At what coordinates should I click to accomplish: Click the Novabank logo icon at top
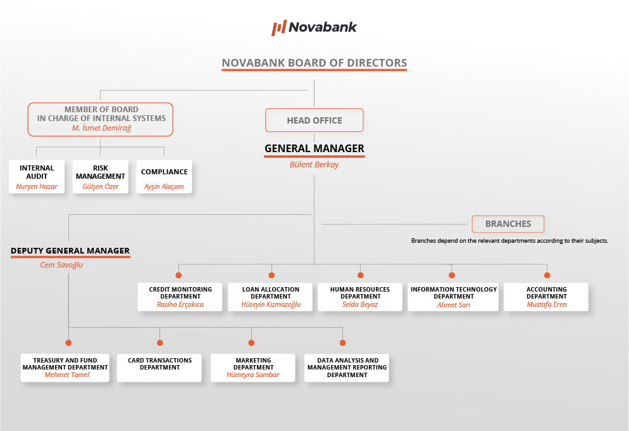(279, 28)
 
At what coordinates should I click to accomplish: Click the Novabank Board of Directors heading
(314, 63)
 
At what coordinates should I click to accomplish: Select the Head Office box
(314, 120)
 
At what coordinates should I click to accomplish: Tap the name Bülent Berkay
(314, 165)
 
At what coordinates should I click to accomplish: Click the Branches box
(508, 224)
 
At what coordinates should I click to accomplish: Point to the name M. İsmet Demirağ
(101, 128)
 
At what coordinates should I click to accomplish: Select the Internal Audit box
(37, 177)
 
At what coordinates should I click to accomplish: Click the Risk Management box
(100, 177)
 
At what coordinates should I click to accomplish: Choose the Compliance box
(164, 177)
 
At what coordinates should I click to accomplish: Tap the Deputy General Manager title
(70, 250)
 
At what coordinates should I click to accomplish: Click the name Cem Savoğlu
(61, 265)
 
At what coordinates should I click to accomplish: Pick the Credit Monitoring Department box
(180, 297)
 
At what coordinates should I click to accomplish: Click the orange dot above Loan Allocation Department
(271, 275)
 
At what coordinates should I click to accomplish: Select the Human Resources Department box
(360, 297)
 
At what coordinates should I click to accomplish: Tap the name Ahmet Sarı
(453, 305)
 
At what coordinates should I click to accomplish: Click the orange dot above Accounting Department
(547, 275)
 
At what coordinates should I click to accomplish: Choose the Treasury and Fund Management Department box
(65, 368)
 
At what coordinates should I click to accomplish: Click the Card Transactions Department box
(159, 368)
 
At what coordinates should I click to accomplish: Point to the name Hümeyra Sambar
(252, 375)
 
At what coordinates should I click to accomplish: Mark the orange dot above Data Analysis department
(342, 343)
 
